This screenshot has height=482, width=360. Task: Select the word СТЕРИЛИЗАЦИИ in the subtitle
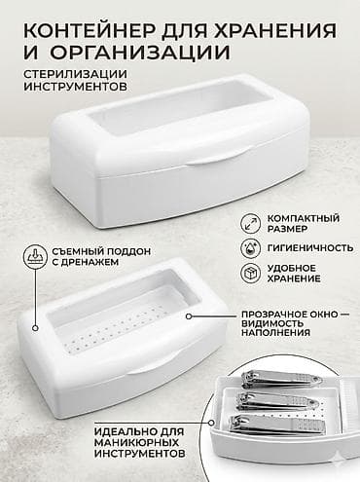tap(64, 74)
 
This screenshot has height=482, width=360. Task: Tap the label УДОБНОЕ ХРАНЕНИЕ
tap(293, 272)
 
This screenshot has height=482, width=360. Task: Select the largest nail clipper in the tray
tap(285, 426)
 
